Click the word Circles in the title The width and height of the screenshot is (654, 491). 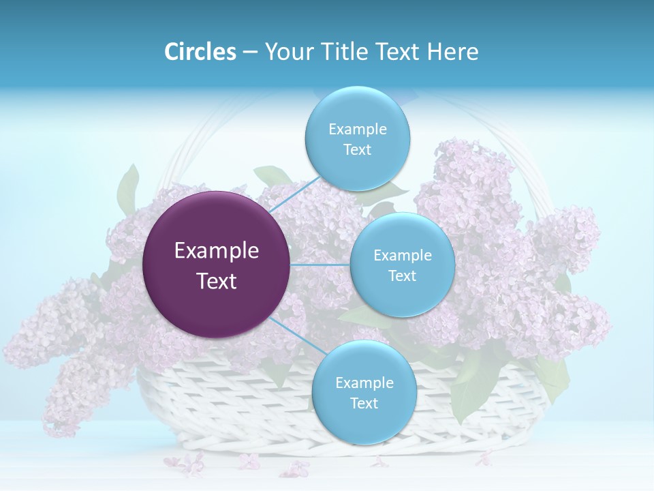[200, 52]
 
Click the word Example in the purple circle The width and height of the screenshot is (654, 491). [217, 251]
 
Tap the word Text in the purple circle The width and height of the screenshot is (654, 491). [217, 281]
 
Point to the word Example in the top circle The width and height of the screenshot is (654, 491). [357, 129]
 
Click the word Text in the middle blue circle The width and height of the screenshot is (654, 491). [402, 276]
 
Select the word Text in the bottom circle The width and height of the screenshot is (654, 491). [364, 403]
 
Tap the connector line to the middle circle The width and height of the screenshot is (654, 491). [320, 265]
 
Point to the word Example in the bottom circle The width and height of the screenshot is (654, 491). [364, 383]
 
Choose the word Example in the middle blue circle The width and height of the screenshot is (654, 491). [402, 255]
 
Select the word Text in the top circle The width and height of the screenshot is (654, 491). [357, 149]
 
